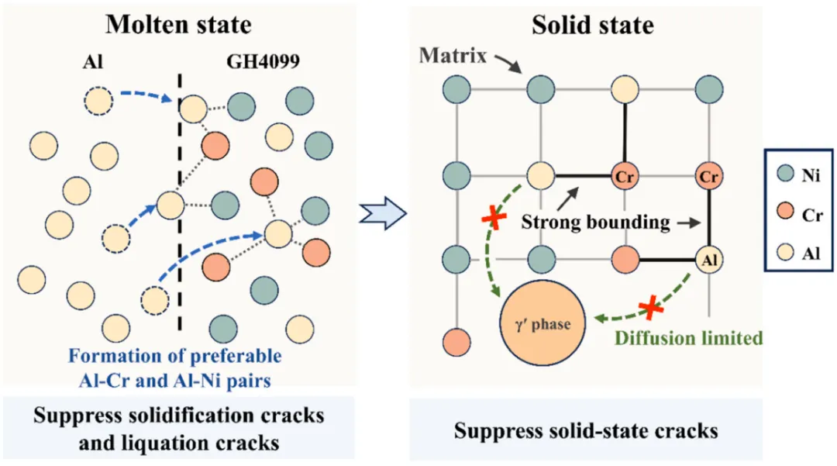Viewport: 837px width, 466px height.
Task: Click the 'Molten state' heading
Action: pyautogui.click(x=178, y=25)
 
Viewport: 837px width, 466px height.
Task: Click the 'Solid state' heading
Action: pyautogui.click(x=593, y=25)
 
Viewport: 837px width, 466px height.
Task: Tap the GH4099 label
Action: pyautogui.click(x=263, y=61)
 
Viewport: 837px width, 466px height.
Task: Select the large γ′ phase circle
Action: pyautogui.click(x=542, y=323)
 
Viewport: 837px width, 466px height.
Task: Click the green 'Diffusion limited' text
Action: pyautogui.click(x=689, y=338)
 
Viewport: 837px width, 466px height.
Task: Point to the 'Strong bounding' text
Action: pyautogui.click(x=596, y=222)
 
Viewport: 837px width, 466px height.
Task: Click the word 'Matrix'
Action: pyautogui.click(x=453, y=56)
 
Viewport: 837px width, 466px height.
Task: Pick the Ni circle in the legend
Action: pyautogui.click(x=785, y=174)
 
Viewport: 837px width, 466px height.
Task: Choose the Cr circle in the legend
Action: pyautogui.click(x=785, y=212)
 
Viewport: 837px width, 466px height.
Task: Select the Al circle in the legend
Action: pyautogui.click(x=785, y=251)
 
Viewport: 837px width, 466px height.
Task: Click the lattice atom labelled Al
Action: pyautogui.click(x=709, y=260)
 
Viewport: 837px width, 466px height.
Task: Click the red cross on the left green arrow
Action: pyautogui.click(x=494, y=219)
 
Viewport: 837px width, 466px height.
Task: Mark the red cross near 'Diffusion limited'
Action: pyautogui.click(x=651, y=308)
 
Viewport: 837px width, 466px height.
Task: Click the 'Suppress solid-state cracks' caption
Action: pyautogui.click(x=586, y=430)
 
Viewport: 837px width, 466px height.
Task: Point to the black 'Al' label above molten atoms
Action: pyautogui.click(x=92, y=62)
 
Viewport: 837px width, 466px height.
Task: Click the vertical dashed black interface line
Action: pyautogui.click(x=180, y=203)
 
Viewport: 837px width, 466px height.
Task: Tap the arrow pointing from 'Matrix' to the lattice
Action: pyautogui.click(x=508, y=63)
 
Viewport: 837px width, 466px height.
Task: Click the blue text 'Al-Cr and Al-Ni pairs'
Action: pyautogui.click(x=175, y=381)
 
